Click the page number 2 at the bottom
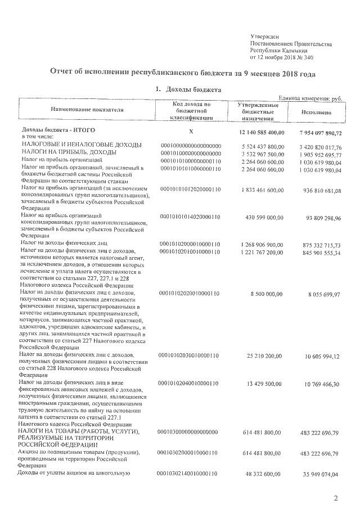[x=335, y=498]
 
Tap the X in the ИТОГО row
[x=191, y=131]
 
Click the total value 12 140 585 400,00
[x=258, y=132]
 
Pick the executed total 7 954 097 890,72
[x=317, y=132]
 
